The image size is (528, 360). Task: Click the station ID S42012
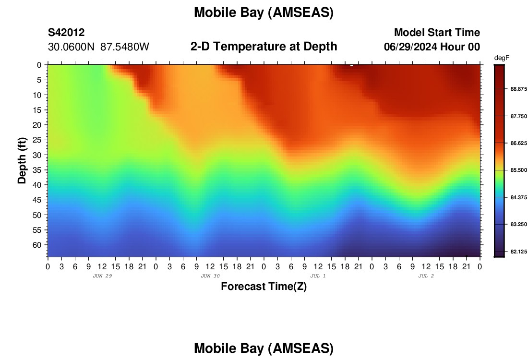(66, 32)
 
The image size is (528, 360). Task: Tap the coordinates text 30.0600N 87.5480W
(98, 47)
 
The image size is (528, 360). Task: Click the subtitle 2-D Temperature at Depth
(264, 47)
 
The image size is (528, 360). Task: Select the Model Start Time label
(437, 32)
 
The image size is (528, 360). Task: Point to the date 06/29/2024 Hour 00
(432, 47)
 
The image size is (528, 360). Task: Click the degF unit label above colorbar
(502, 58)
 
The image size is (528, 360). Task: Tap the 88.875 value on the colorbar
(518, 89)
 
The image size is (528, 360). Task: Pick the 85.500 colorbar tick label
(518, 170)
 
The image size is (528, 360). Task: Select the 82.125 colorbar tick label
(518, 252)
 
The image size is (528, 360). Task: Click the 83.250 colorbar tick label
(518, 224)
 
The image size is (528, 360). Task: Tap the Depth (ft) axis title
(22, 161)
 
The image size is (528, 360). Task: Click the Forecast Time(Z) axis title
(264, 286)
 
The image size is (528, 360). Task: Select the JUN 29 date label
(102, 276)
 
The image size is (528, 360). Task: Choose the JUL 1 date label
(318, 276)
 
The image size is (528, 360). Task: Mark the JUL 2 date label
(426, 276)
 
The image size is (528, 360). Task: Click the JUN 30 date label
(210, 276)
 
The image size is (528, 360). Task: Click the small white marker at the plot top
(351, 65)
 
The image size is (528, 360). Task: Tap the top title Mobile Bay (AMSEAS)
(264, 12)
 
